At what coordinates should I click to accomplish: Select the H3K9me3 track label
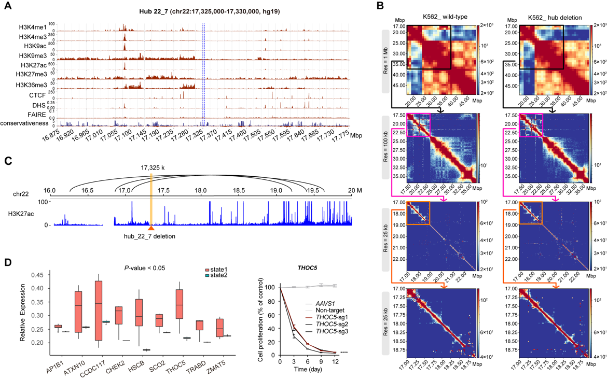coord(35,55)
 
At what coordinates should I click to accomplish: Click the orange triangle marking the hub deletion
coord(151,228)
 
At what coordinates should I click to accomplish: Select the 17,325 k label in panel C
coord(151,168)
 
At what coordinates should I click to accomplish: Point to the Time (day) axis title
coord(308,371)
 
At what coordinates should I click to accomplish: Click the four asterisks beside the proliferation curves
coord(343,354)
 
